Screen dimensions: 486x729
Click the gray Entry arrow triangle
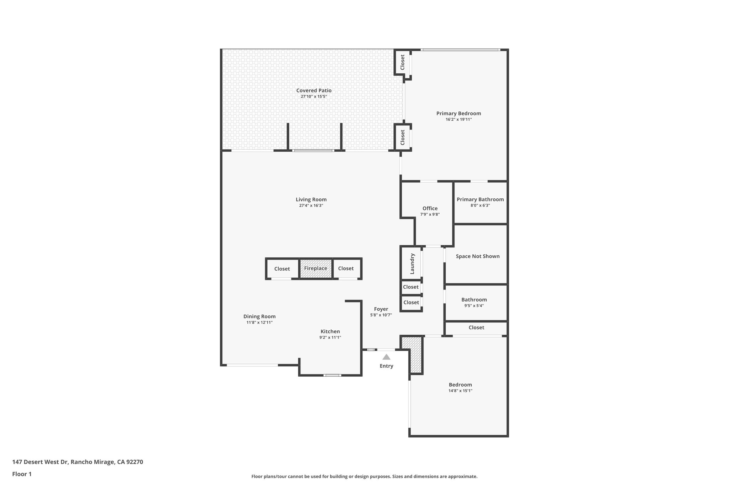tap(386, 357)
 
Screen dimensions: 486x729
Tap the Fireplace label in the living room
tap(315, 268)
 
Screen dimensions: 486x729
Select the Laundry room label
tap(412, 263)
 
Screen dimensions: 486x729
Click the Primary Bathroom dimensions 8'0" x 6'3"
tap(480, 205)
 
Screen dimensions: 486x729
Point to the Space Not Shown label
tap(477, 256)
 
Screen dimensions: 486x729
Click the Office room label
tap(430, 209)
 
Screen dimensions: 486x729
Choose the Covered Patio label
tap(314, 90)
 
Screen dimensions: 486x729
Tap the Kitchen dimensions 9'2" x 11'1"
tap(330, 338)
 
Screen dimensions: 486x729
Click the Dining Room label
tap(259, 317)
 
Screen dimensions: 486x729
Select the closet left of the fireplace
tap(282, 269)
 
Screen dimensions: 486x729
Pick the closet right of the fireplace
tap(346, 268)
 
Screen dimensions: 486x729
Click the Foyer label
tap(381, 309)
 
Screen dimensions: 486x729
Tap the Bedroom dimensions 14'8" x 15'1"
tap(460, 391)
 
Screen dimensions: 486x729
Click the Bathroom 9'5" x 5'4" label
tap(474, 300)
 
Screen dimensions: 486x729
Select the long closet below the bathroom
tap(476, 328)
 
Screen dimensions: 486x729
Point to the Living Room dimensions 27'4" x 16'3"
tap(311, 205)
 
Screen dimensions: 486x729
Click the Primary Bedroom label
tap(458, 114)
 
